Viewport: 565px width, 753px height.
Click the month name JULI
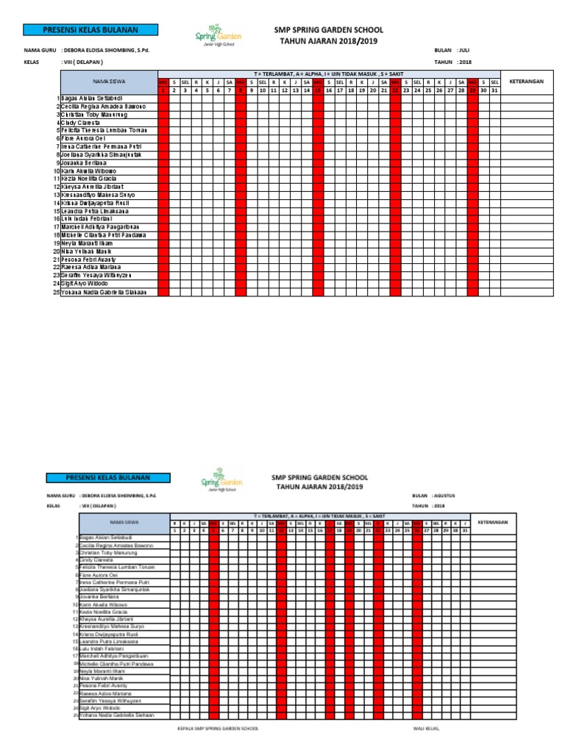pyautogui.click(x=464, y=50)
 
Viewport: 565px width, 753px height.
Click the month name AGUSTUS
pyautogui.click(x=445, y=496)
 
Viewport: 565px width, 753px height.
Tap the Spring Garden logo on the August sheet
pyautogui.click(x=218, y=479)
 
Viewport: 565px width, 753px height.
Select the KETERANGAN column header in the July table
pyautogui.click(x=526, y=82)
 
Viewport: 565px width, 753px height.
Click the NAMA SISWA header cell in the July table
pyautogui.click(x=108, y=82)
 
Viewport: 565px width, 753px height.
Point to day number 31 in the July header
pyautogui.click(x=494, y=90)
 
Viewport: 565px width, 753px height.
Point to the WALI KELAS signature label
pyautogui.click(x=426, y=728)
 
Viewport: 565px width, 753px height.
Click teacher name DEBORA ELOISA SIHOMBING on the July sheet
pyautogui.click(x=110, y=50)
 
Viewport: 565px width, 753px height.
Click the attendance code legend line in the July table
pyautogui.click(x=329, y=74)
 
